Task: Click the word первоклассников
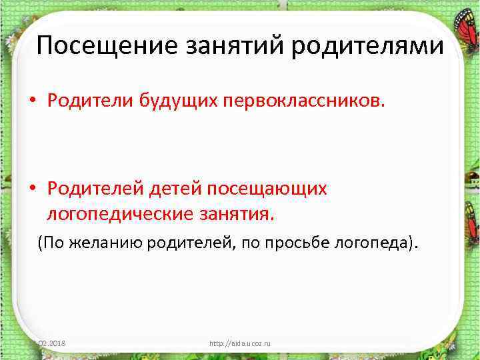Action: click(x=303, y=100)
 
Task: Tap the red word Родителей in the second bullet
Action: click(x=93, y=189)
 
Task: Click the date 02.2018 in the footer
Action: click(x=56, y=343)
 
